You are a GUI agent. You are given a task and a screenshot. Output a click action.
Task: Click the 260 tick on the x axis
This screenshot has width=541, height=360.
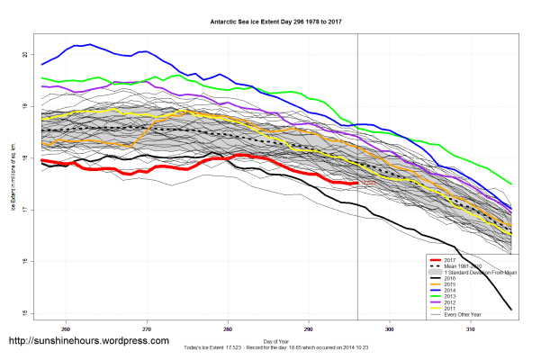pyautogui.click(x=66, y=328)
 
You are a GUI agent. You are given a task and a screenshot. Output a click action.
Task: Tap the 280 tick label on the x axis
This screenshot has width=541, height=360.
pyautogui.click(x=228, y=328)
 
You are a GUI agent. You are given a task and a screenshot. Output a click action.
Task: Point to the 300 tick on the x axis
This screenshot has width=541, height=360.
pyautogui.click(x=391, y=328)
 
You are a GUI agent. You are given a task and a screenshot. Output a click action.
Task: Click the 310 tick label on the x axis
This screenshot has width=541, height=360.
pyautogui.click(x=472, y=328)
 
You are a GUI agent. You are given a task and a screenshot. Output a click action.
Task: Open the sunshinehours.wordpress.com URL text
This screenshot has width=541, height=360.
pyautogui.click(x=88, y=341)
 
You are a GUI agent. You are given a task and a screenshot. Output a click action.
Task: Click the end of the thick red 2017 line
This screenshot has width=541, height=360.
pyautogui.click(x=357, y=183)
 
